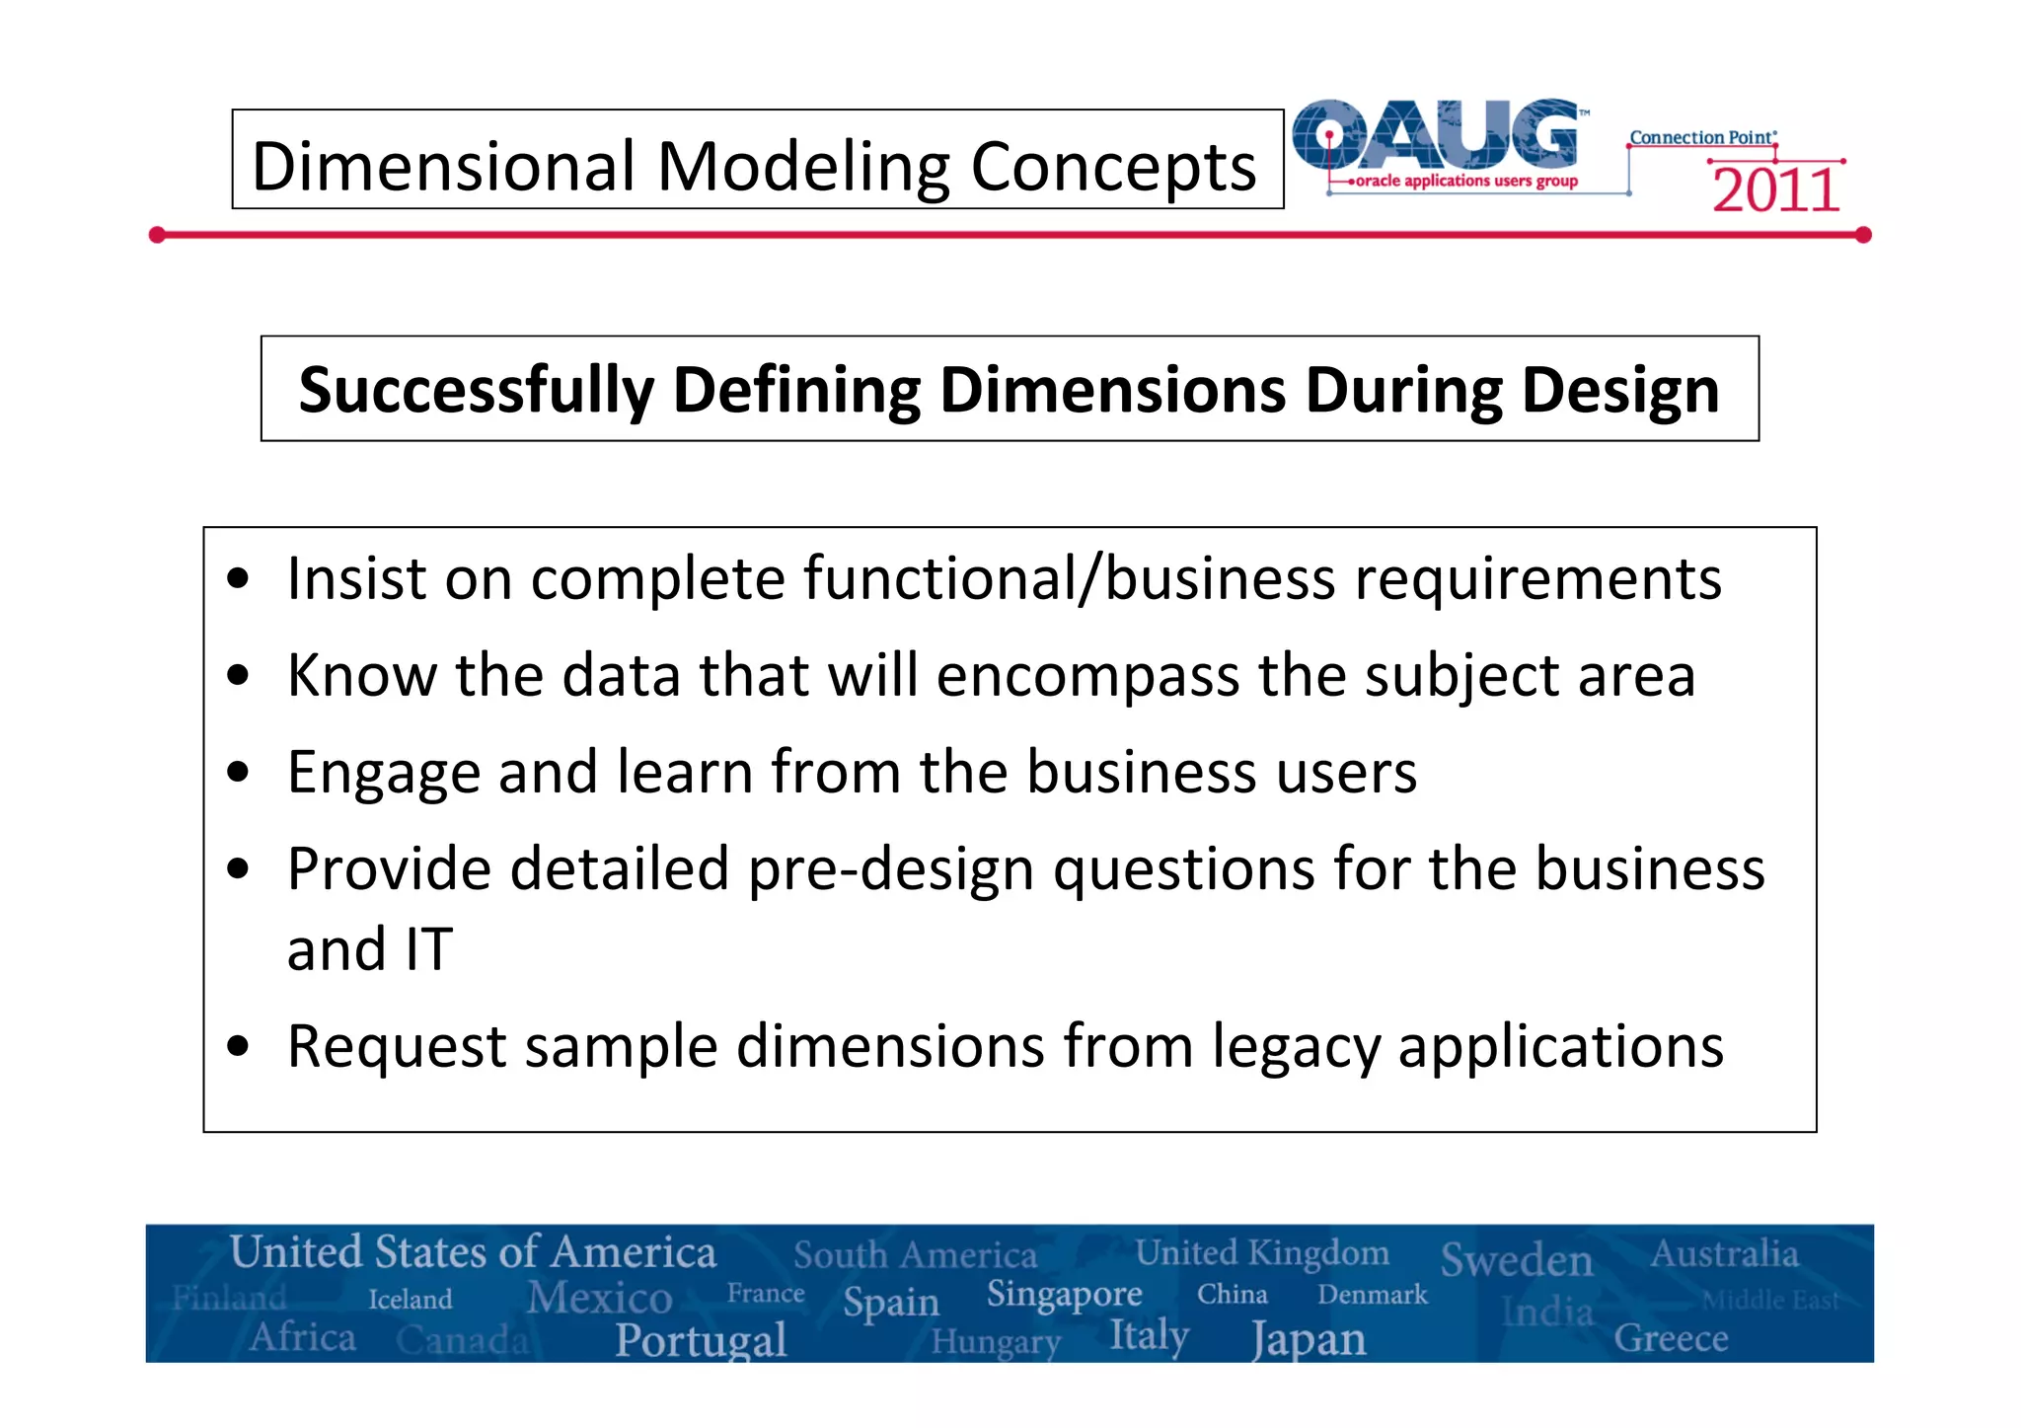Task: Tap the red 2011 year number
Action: pos(1775,190)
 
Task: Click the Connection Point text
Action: pos(1701,137)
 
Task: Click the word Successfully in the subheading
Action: pos(476,390)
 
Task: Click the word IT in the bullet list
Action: pos(428,949)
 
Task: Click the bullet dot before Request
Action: pos(237,1045)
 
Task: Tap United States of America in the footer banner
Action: pos(473,1252)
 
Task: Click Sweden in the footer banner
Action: pos(1516,1260)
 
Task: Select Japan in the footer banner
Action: pos(1309,1339)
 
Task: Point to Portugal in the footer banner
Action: pos(701,1339)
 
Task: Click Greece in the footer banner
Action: pos(1670,1338)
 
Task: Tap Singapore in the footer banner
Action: pos(1064,1293)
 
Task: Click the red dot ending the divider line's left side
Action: pos(157,235)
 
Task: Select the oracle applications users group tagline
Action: pos(1466,181)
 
